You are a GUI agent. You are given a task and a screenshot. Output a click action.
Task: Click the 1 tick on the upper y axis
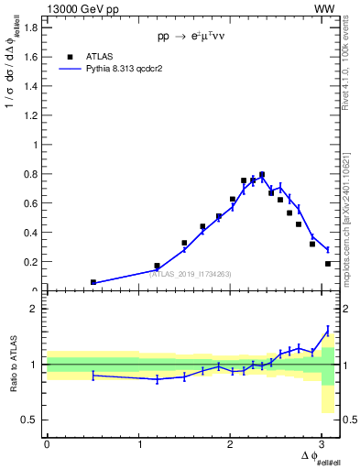click(x=34, y=144)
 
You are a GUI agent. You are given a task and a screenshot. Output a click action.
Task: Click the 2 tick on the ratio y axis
click(x=34, y=309)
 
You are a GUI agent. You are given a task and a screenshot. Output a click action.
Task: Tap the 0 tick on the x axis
click(x=47, y=443)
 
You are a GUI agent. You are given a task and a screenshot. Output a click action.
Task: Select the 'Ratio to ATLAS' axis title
click(x=13, y=364)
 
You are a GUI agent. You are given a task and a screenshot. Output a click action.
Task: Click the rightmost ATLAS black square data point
click(x=328, y=264)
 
